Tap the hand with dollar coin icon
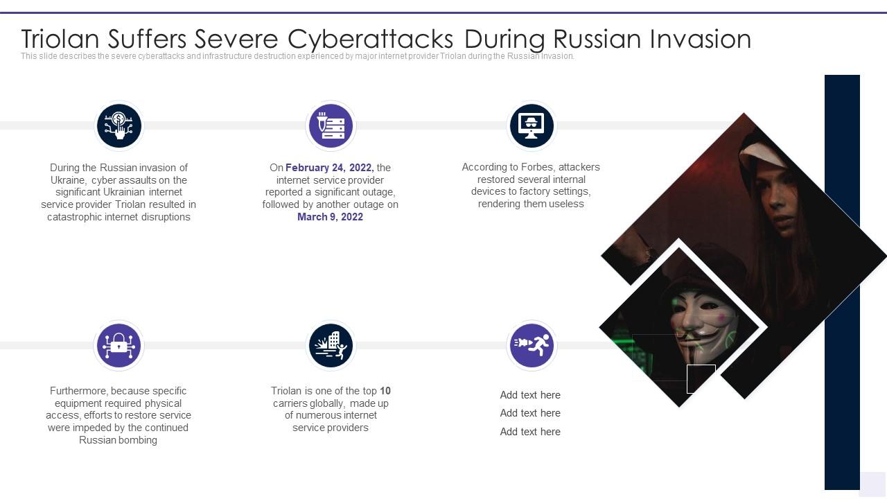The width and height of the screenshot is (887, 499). pyautogui.click(x=118, y=126)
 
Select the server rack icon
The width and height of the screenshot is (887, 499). pyautogui.click(x=331, y=126)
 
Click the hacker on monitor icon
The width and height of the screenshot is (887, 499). pyautogui.click(x=532, y=126)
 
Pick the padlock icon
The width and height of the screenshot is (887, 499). pyautogui.click(x=118, y=345)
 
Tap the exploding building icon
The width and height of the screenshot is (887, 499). pyautogui.click(x=331, y=345)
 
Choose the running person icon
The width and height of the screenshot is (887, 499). pyautogui.click(x=532, y=345)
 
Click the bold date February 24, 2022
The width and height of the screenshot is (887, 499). pyautogui.click(x=329, y=168)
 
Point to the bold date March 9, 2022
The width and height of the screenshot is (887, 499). pyautogui.click(x=330, y=217)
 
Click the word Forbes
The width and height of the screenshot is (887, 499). pyautogui.click(x=535, y=167)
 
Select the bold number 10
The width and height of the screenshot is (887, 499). pyautogui.click(x=385, y=391)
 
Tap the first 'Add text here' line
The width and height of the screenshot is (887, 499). pyautogui.click(x=530, y=395)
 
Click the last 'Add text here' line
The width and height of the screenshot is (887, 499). pyautogui.click(x=530, y=432)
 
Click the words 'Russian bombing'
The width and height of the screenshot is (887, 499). pyautogui.click(x=118, y=440)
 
